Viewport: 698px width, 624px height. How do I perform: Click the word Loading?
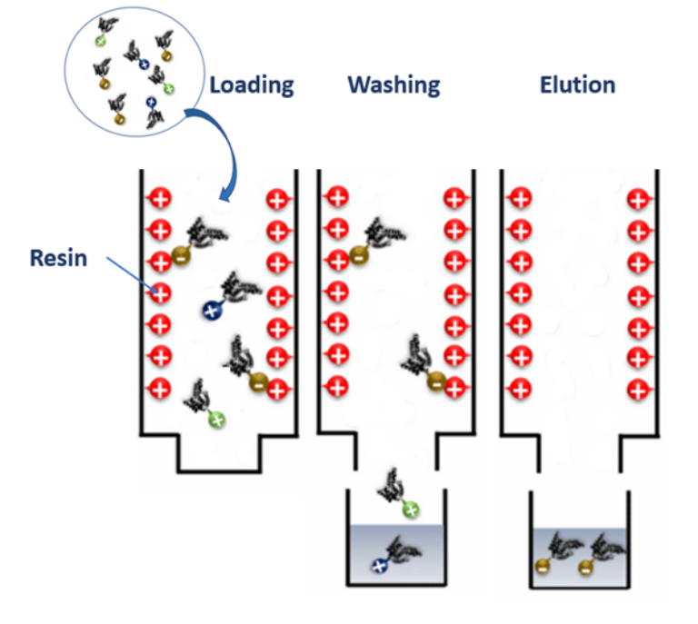pyautogui.click(x=252, y=85)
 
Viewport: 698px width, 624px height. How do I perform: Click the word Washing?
pyautogui.click(x=394, y=85)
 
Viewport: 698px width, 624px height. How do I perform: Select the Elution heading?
pyautogui.click(x=577, y=85)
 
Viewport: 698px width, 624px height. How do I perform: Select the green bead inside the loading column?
pyautogui.click(x=216, y=419)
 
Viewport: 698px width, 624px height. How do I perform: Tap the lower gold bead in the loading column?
pyautogui.click(x=259, y=381)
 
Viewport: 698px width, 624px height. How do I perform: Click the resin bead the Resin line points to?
pyautogui.click(x=160, y=292)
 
